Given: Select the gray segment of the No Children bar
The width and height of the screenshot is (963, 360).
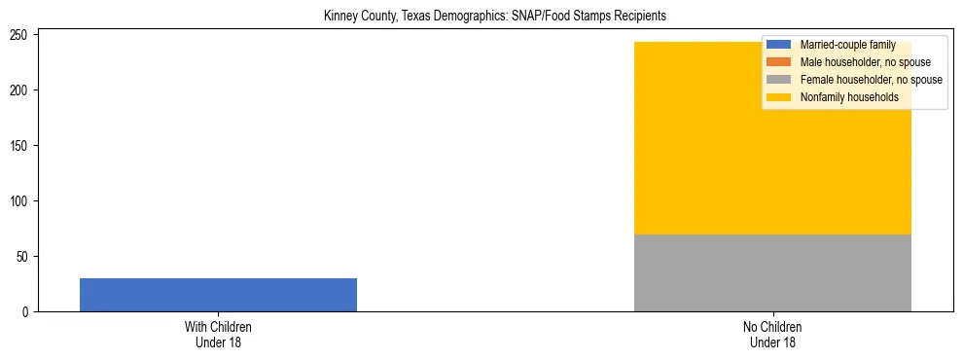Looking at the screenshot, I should click(772, 272).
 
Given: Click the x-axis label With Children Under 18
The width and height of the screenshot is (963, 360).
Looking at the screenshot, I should click(218, 335).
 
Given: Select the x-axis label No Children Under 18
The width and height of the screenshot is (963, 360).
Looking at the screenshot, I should click(772, 335).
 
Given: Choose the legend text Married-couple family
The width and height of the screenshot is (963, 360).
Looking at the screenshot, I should click(847, 45).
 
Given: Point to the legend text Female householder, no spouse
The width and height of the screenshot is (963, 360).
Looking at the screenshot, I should click(871, 80).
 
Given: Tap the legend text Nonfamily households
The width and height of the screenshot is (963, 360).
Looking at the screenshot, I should click(849, 97).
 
